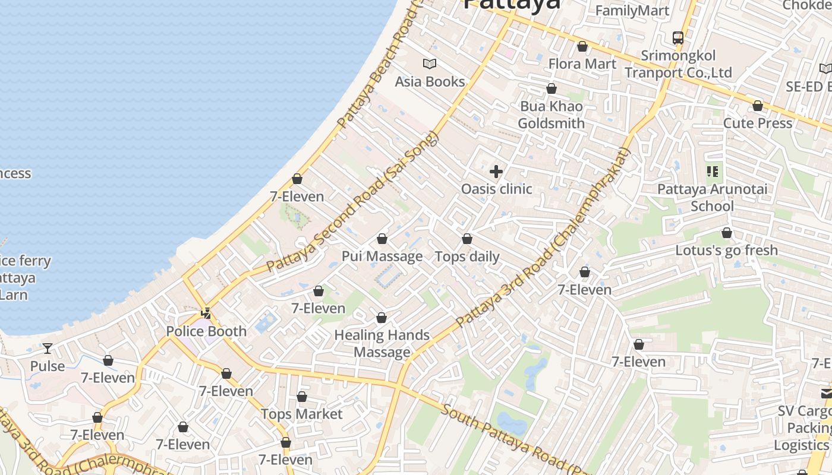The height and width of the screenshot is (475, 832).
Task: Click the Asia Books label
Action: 430,81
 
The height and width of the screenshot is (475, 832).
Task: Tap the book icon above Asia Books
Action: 430,64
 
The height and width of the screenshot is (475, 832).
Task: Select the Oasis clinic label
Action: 496,189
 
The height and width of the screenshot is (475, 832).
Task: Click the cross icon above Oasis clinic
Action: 496,172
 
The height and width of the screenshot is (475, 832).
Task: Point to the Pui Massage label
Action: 382,256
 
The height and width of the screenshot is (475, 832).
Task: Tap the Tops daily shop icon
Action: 467,239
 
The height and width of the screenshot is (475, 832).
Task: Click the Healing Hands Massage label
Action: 382,343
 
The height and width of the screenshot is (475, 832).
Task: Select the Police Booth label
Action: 206,331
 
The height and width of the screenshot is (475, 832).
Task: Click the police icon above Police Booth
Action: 206,313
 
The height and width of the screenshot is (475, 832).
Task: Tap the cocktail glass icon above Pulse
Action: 48,348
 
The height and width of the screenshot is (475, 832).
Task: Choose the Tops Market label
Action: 302,414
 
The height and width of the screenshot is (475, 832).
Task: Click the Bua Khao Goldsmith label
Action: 551,115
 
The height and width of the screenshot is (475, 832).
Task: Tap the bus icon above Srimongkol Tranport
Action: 678,38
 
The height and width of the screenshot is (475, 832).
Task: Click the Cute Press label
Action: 758,123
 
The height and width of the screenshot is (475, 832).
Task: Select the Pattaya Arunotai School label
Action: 712,198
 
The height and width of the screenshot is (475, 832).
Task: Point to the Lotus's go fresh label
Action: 726,250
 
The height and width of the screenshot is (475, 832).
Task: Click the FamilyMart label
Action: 632,11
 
